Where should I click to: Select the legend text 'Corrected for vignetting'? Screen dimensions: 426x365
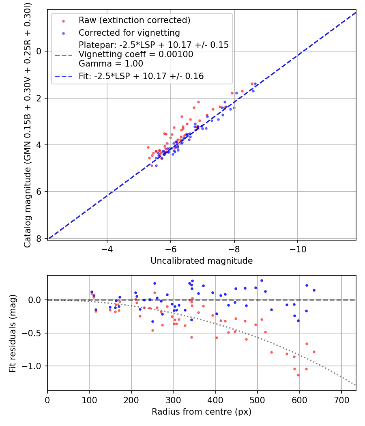coord(129,32)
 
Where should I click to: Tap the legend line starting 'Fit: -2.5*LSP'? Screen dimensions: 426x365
coord(141,76)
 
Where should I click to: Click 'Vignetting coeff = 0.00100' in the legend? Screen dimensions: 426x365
coord(136,54)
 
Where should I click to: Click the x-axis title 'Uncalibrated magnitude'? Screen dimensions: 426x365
coord(202,261)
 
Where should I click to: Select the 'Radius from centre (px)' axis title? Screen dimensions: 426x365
coord(202,412)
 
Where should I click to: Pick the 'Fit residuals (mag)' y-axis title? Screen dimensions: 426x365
coord(13,333)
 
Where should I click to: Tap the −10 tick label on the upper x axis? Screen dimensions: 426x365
coord(298,248)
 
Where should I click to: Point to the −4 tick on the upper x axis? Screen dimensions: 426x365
coord(107,248)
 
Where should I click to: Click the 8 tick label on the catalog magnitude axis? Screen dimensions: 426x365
coord(39,239)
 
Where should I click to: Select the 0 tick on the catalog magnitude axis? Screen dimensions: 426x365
coord(39,51)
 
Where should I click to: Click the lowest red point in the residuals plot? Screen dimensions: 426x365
coord(298,375)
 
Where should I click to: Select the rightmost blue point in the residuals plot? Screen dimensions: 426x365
coord(314,290)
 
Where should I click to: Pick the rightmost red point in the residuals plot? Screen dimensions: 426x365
coord(314,352)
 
